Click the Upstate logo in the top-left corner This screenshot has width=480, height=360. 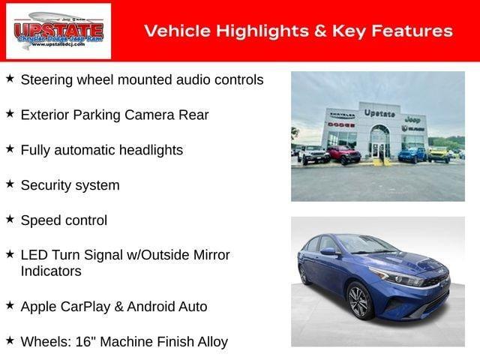point(58,31)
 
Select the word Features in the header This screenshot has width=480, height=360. point(415,31)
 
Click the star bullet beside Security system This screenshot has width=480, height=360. point(10,184)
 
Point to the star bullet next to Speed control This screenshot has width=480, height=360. point(10,219)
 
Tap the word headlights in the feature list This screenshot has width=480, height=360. point(150,150)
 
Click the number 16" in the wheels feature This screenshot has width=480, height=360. point(87,341)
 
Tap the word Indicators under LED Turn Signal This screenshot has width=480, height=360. point(51,271)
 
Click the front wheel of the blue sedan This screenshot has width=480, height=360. point(358,301)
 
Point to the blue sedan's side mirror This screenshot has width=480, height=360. point(328,251)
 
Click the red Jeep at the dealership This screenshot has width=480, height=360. point(343,154)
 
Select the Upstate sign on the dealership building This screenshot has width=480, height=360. point(379,112)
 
